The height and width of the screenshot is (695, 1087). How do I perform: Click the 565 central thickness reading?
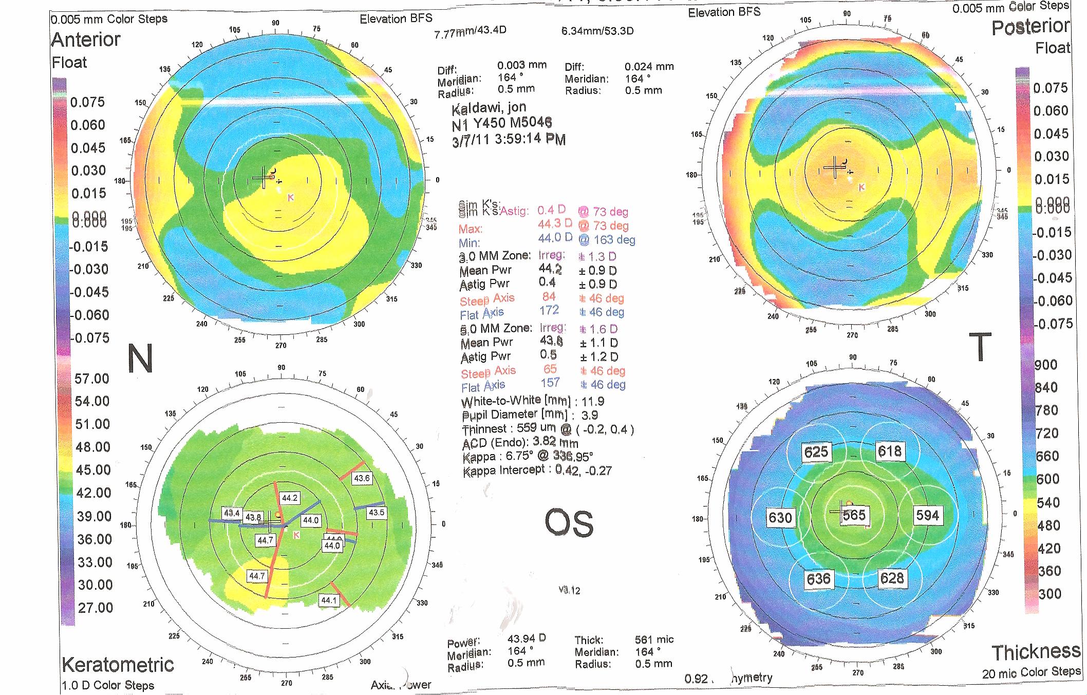(854, 515)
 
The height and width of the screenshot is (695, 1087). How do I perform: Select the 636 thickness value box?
(818, 579)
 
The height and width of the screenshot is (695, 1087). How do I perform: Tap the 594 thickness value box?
(927, 515)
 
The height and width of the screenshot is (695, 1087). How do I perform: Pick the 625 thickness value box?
(816, 452)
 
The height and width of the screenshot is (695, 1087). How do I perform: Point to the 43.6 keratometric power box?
(362, 478)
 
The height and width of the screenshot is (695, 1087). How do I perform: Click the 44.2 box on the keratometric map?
(290, 498)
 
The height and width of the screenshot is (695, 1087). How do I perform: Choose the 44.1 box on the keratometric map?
(329, 600)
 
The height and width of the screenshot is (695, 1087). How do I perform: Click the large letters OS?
(569, 523)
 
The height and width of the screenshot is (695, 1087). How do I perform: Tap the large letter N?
(140, 358)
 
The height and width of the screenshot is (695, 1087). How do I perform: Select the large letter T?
(980, 346)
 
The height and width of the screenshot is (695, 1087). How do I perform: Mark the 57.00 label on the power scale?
(92, 379)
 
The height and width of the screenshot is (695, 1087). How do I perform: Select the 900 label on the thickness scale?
(1046, 365)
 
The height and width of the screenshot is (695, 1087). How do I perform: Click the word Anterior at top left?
(86, 40)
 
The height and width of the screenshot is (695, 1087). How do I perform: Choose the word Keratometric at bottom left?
(118, 665)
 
